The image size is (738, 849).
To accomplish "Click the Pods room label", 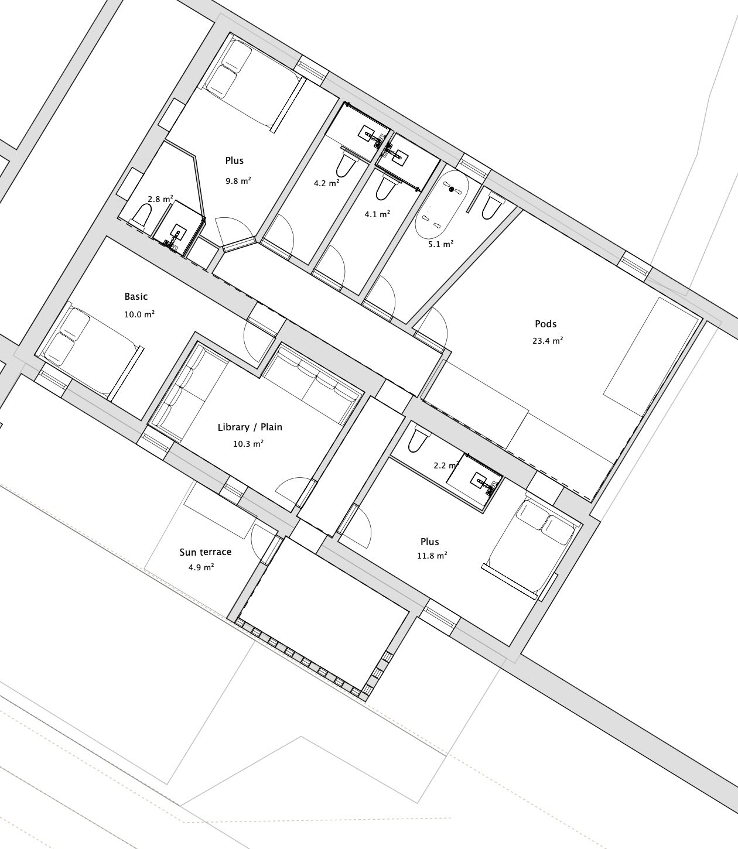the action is pos(545,324).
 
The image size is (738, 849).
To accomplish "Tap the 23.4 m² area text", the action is pos(548,341).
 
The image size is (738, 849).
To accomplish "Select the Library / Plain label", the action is pos(250,427).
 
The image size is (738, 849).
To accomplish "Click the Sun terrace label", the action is pos(206,552).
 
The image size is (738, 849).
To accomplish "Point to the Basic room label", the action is pos(136,297).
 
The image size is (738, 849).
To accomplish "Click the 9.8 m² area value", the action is pos(238,181).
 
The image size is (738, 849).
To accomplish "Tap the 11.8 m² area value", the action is pos(432,555).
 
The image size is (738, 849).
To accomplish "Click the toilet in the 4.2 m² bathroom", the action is pos(346,163).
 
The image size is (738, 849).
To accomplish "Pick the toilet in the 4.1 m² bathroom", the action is pos(387,187).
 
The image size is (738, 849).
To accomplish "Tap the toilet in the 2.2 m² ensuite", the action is pos(416,440).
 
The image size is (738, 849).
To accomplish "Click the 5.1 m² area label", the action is pos(441,244).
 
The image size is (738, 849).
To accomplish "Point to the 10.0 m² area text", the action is pos(139,314).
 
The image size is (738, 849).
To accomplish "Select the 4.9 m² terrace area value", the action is pos(201,567).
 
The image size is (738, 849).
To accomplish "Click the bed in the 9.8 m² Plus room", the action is pos(253,85).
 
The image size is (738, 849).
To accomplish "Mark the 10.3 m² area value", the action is pos(248,444).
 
